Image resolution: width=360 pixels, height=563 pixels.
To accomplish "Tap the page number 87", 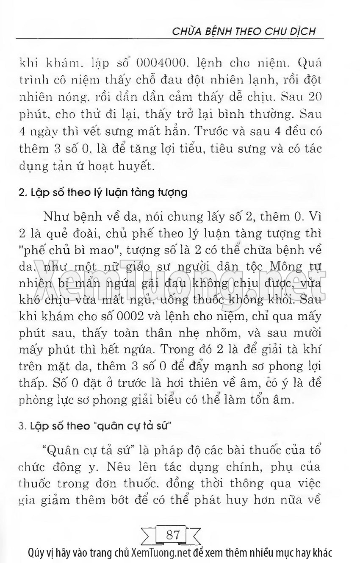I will (x=172, y=535).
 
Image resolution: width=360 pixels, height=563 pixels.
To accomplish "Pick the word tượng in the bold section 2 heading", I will (x=172, y=193).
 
